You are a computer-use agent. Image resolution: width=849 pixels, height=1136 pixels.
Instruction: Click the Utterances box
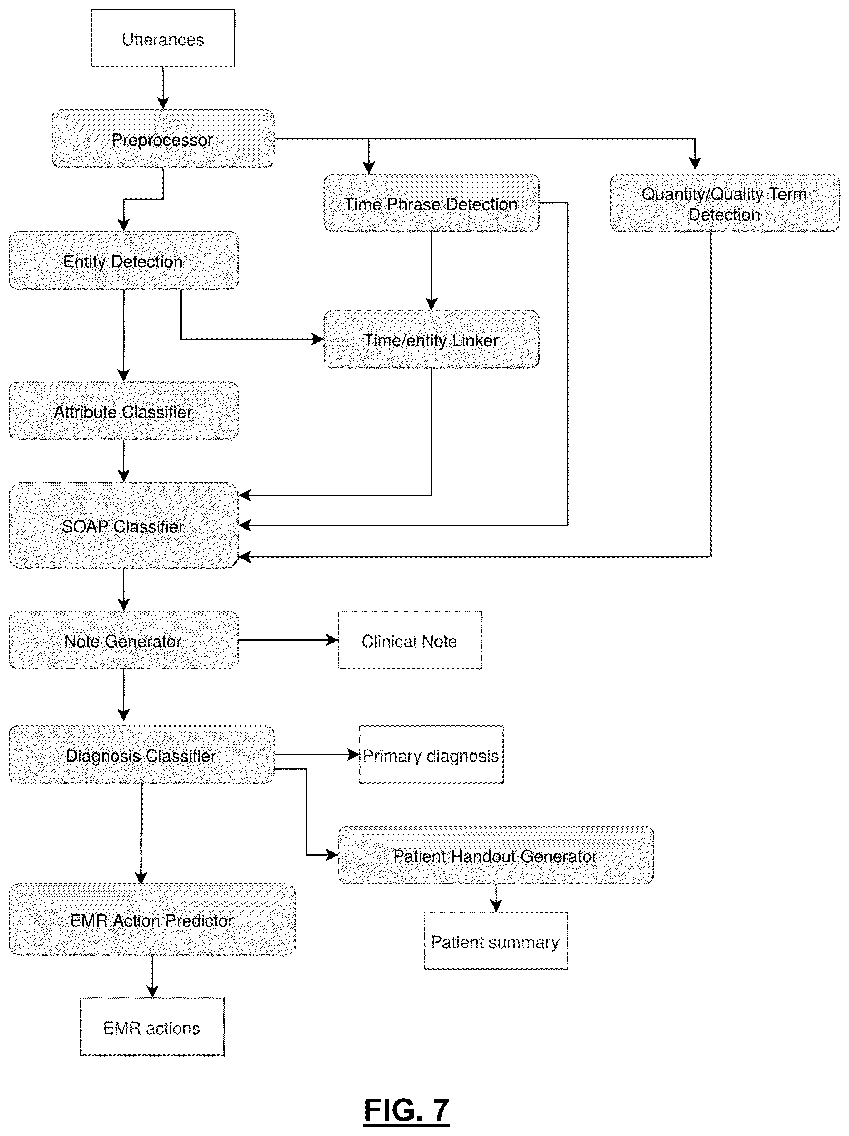[x=163, y=38]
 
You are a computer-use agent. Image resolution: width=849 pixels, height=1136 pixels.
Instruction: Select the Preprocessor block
[x=163, y=139]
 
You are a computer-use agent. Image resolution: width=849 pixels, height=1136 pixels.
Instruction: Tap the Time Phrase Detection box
[x=431, y=203]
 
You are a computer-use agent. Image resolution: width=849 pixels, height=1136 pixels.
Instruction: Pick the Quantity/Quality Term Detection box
[x=724, y=203]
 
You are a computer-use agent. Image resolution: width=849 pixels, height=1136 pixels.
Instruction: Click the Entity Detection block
[x=123, y=260]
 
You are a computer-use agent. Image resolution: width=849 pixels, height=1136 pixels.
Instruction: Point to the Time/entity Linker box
[x=431, y=339]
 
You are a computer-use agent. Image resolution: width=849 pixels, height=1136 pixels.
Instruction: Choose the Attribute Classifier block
[x=123, y=411]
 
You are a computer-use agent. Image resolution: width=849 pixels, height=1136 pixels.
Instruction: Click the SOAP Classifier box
[x=123, y=525]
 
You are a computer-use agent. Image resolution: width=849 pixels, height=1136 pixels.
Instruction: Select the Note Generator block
[x=123, y=640]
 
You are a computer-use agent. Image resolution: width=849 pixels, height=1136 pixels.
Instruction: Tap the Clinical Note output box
[x=410, y=640]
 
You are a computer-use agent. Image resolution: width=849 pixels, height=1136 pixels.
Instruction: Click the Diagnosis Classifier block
[x=141, y=755]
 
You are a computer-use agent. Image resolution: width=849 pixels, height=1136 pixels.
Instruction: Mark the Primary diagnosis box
[x=431, y=755]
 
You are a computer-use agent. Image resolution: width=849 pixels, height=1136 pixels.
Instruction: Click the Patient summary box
[x=495, y=941]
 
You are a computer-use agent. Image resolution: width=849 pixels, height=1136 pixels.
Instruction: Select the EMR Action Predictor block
[x=152, y=919]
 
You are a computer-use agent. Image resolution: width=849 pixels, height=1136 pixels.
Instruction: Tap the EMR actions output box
[x=152, y=1027]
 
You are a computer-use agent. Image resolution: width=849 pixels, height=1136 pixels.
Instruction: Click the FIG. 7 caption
[x=407, y=1110]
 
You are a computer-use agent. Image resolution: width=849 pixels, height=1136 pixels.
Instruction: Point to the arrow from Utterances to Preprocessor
[x=163, y=88]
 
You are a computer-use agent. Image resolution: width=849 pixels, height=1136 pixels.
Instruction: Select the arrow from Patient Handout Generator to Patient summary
[x=495, y=898]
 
